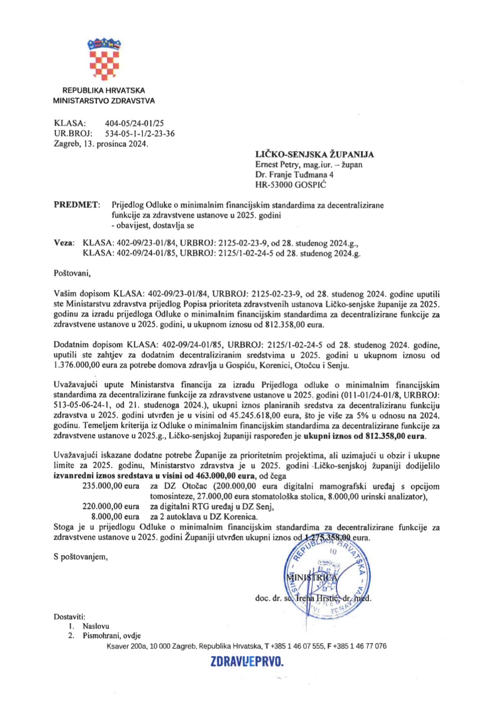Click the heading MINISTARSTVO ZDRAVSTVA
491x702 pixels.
pos(104,101)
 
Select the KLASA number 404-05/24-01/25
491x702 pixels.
pos(134,123)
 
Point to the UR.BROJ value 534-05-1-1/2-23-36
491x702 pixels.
pos(140,134)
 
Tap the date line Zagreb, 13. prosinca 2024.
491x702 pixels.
pos(101,144)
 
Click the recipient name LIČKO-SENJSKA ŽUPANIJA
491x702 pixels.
pos(314,154)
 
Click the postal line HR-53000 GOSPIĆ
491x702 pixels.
pos(291,185)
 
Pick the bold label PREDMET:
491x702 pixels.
pos(77,205)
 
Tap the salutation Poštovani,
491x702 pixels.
pos(72,273)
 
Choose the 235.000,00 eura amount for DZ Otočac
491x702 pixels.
pos(111,486)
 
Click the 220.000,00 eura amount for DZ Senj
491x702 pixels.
pos(111,506)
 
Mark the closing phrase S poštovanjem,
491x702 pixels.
pos(81,557)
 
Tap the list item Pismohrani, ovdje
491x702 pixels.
pos(112,636)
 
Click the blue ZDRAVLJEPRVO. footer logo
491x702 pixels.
pos(247,662)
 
